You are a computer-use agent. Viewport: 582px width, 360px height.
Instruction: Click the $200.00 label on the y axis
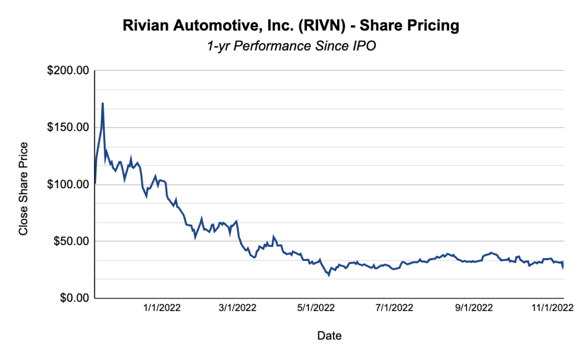[67, 71]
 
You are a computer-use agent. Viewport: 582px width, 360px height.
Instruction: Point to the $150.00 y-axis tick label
[67, 128]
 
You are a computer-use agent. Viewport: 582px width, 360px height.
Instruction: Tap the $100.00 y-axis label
[67, 184]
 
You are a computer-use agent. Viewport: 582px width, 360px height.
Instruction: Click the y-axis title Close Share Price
[23, 189]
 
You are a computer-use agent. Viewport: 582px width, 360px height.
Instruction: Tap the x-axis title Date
[329, 336]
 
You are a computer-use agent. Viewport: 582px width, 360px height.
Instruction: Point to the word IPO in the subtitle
[364, 46]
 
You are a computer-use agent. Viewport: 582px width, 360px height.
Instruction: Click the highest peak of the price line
[102, 103]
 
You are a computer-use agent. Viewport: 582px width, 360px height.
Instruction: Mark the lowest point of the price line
[329, 275]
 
